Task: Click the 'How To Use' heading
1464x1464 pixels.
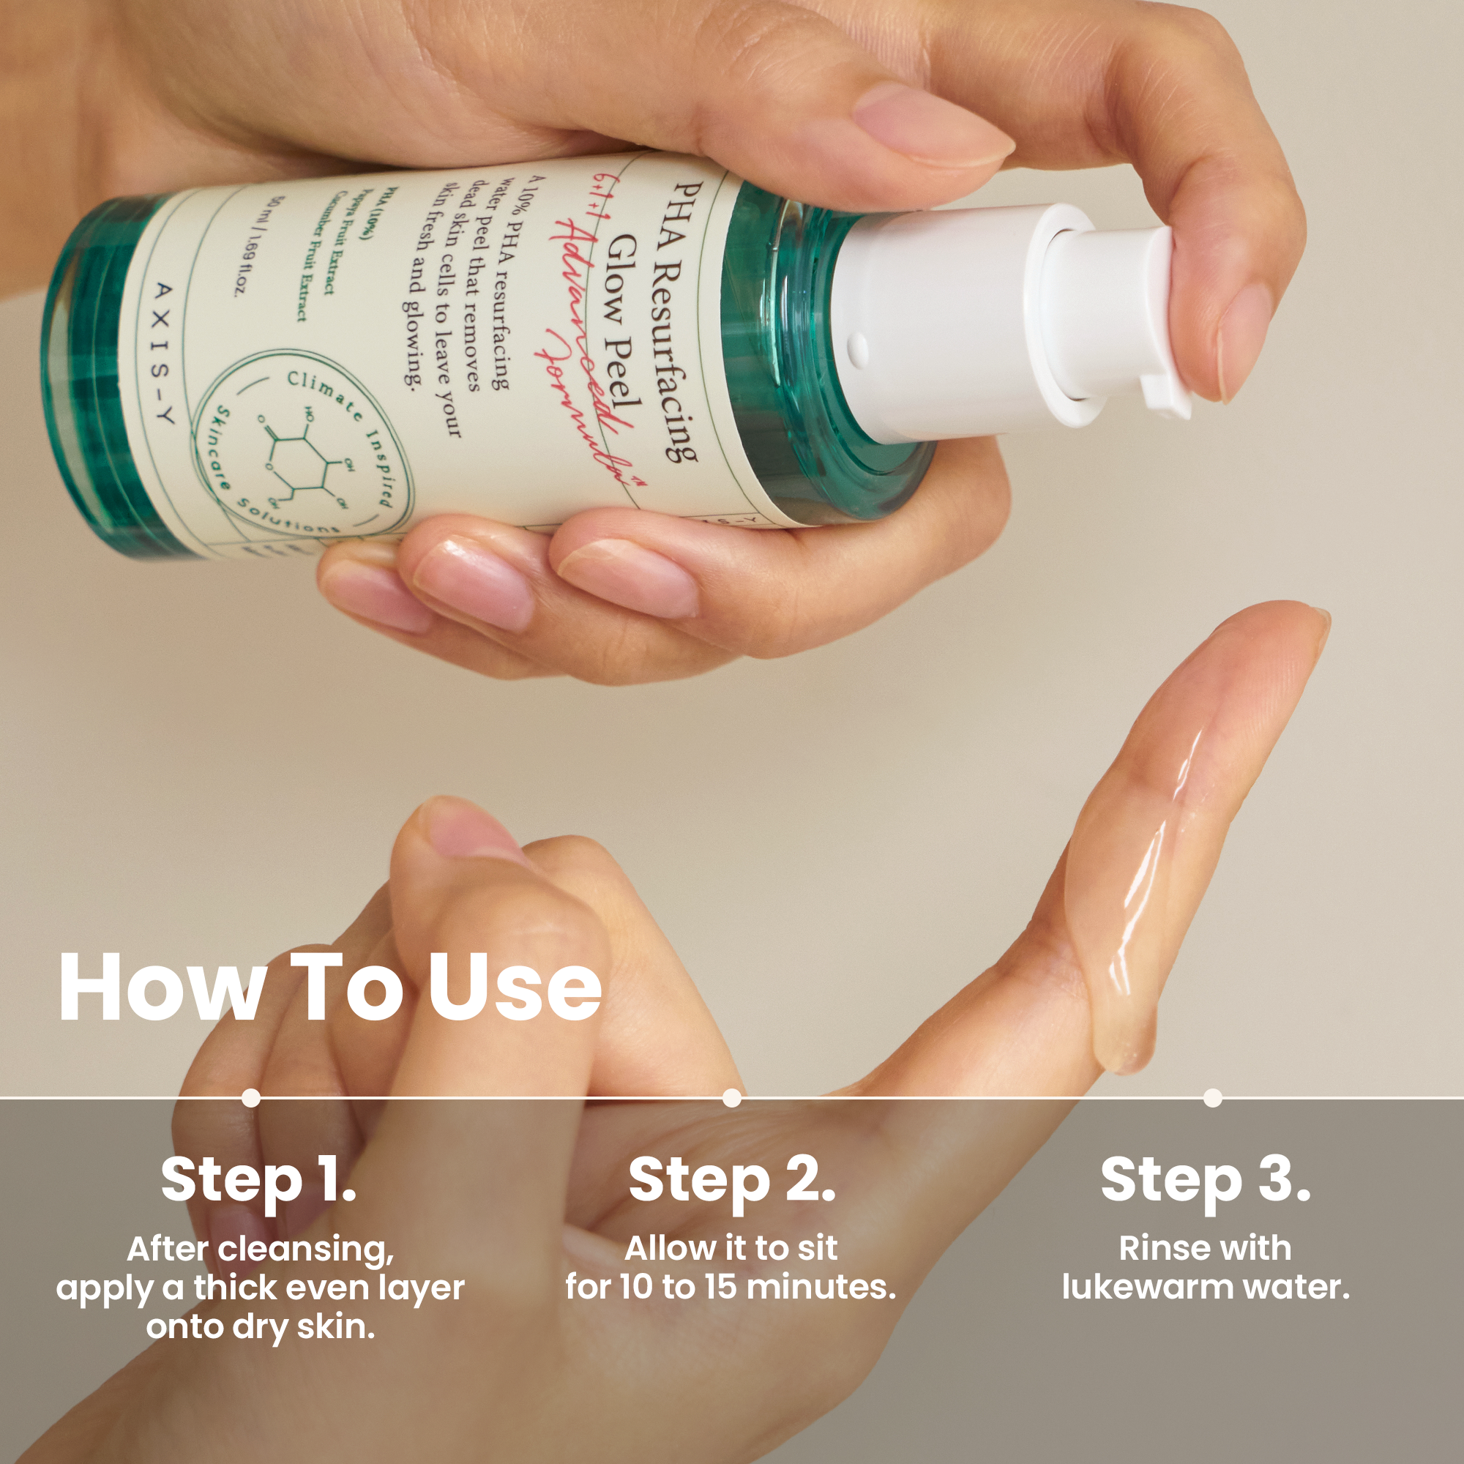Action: point(330,987)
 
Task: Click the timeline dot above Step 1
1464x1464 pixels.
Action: point(251,1097)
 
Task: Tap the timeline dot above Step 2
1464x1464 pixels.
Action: point(731,1097)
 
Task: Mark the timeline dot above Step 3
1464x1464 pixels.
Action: point(1212,1097)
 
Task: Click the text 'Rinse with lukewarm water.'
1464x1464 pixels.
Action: point(1205,1268)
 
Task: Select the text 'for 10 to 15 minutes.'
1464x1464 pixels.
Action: point(731,1287)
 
